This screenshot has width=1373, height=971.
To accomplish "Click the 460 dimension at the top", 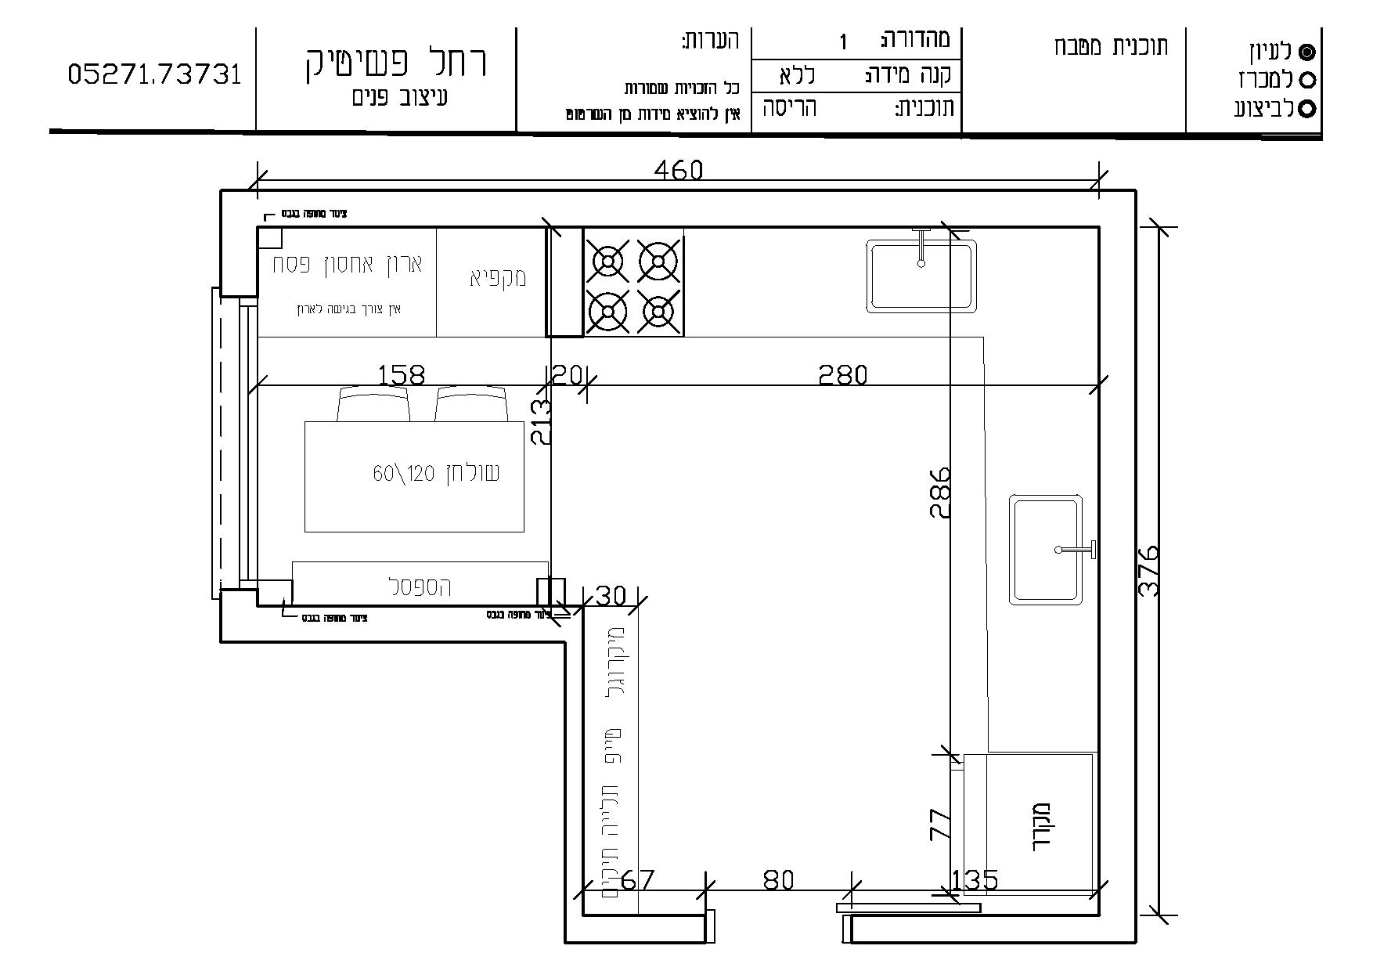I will (678, 170).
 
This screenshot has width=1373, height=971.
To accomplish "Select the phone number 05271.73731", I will (155, 74).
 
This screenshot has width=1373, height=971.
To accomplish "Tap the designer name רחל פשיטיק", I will (396, 63).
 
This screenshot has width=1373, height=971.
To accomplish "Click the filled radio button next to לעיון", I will (1306, 52).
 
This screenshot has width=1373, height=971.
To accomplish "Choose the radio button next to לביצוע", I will (1306, 109).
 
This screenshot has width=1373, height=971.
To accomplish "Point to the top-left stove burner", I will (610, 262).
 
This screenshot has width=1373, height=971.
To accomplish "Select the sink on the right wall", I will (1047, 550).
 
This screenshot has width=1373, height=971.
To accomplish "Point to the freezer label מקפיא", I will (498, 278).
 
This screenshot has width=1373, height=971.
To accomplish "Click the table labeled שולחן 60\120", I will (414, 475).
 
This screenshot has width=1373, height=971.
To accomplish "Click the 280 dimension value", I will (842, 375).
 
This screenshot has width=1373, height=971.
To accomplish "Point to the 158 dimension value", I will (401, 375).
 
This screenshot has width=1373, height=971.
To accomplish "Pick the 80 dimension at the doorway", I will (778, 880).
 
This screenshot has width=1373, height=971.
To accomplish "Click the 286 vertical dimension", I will (940, 492).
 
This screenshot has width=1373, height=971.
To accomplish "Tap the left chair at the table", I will (374, 404).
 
